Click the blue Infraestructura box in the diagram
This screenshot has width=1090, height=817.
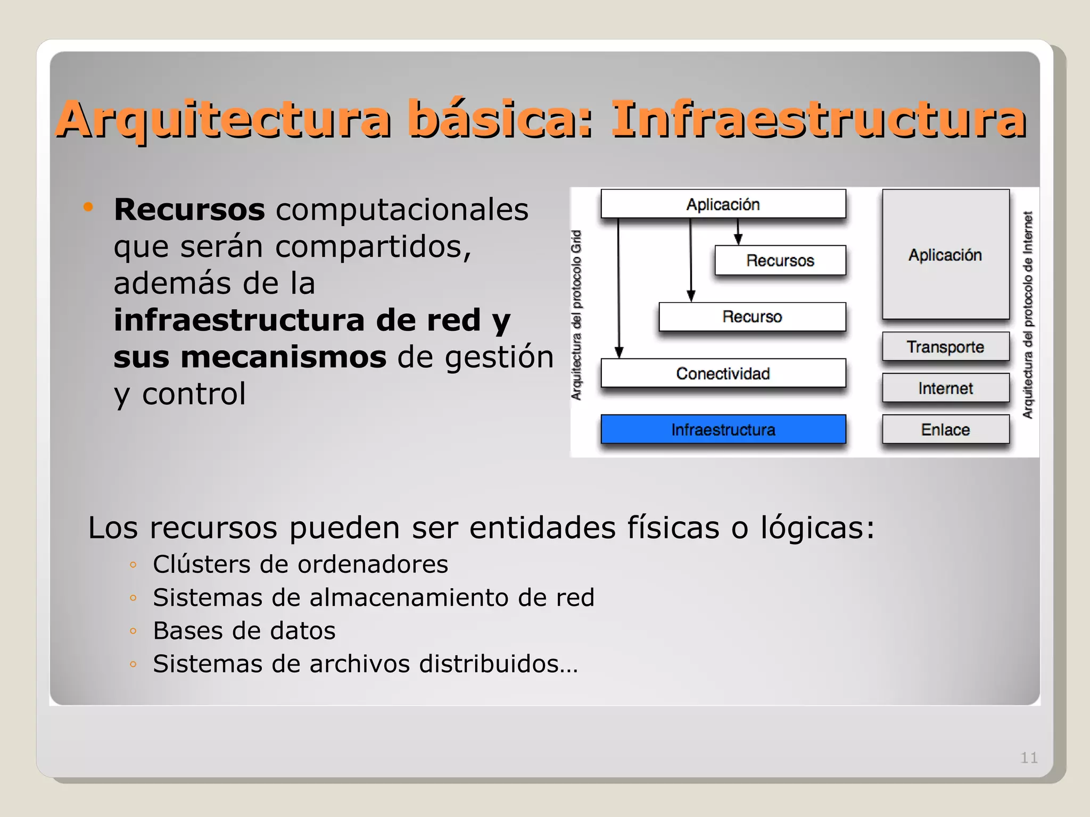point(723,429)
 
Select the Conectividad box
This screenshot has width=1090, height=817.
point(723,373)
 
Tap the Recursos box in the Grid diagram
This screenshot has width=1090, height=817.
point(780,261)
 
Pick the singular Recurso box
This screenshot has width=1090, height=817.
point(752,317)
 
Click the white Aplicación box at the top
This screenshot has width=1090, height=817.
point(723,204)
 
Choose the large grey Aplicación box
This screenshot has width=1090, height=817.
point(945,255)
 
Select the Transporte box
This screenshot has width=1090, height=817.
point(945,347)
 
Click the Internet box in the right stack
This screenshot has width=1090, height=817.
point(945,388)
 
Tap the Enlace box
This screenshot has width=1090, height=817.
point(945,429)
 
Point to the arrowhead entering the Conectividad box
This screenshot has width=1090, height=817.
point(619,352)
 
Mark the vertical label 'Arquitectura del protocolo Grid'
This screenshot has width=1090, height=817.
point(576,315)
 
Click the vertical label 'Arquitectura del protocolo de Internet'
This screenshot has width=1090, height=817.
point(1028,315)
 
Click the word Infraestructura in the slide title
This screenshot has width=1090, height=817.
point(818,120)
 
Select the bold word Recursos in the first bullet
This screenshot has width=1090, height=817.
point(189,210)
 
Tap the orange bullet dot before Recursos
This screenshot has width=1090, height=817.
point(88,207)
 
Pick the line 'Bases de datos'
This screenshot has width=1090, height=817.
point(244,631)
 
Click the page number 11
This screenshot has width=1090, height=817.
point(1028,757)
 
